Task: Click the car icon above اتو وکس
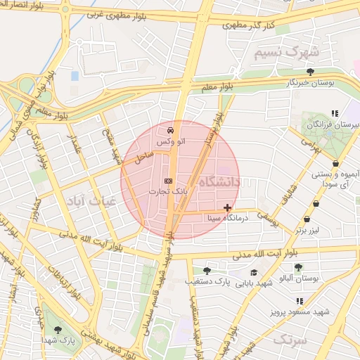pyautogui.click(x=171, y=131)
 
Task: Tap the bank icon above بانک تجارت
pyautogui.click(x=167, y=181)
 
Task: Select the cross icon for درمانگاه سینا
pyautogui.click(x=227, y=207)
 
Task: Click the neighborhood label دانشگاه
pyautogui.click(x=219, y=182)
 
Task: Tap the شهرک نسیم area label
pyautogui.click(x=286, y=53)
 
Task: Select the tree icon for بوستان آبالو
pyautogui.click(x=299, y=268)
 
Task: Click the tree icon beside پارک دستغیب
pyautogui.click(x=207, y=271)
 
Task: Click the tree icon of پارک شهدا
pyautogui.click(x=58, y=329)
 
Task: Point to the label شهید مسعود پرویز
pyautogui.click(x=303, y=311)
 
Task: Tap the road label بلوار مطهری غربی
pyautogui.click(x=122, y=13)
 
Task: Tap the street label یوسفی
pyautogui.click(x=268, y=221)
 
